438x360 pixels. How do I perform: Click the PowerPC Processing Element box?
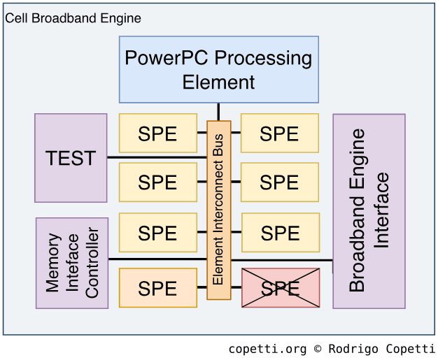pyautogui.click(x=218, y=69)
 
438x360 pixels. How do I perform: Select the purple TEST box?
pyautogui.click(x=71, y=158)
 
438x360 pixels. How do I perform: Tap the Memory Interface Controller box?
pyautogui.click(x=72, y=263)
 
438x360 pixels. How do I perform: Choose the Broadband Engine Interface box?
pyautogui.click(x=369, y=211)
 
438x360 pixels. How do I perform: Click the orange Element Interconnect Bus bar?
pyautogui.click(x=218, y=210)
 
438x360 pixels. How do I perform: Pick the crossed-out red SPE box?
pyautogui.click(x=280, y=287)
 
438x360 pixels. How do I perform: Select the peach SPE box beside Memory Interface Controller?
pyautogui.click(x=157, y=287)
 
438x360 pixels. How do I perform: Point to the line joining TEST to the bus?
pyautogui.click(x=157, y=157)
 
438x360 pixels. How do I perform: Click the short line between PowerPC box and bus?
pyautogui.click(x=218, y=112)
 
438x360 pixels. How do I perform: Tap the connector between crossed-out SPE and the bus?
pyautogui.click(x=236, y=287)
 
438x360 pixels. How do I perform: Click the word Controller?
pyautogui.click(x=92, y=263)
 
